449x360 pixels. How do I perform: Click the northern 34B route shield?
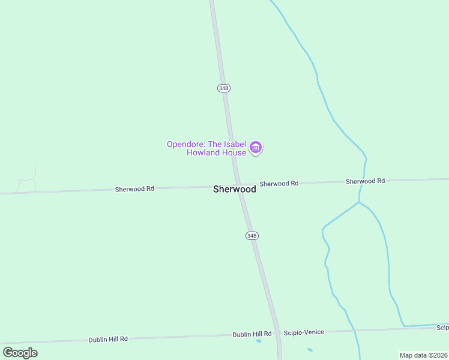click(223, 88)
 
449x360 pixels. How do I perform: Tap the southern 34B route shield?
click(252, 236)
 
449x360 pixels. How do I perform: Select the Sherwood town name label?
click(235, 189)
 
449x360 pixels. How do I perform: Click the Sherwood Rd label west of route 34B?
click(134, 188)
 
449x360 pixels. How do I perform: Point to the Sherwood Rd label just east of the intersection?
click(279, 184)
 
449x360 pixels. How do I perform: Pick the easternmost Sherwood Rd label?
click(365, 181)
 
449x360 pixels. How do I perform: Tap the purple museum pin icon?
click(256, 148)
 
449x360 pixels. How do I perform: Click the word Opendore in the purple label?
click(185, 144)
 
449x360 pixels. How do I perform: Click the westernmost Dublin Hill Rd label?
click(108, 339)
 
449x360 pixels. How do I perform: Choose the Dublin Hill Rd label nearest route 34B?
click(252, 334)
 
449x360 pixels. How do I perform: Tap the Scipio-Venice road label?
click(304, 332)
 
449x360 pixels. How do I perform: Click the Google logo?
click(20, 352)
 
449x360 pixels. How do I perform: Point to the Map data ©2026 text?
click(423, 355)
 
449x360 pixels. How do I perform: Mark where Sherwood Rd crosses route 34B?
click(238, 185)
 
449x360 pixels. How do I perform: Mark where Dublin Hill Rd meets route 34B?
click(278, 334)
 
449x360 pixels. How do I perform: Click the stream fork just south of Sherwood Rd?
click(359, 202)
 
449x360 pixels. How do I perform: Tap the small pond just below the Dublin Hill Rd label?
click(259, 341)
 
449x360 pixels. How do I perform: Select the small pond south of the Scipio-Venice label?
click(310, 350)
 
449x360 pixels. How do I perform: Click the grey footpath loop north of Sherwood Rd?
click(27, 179)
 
